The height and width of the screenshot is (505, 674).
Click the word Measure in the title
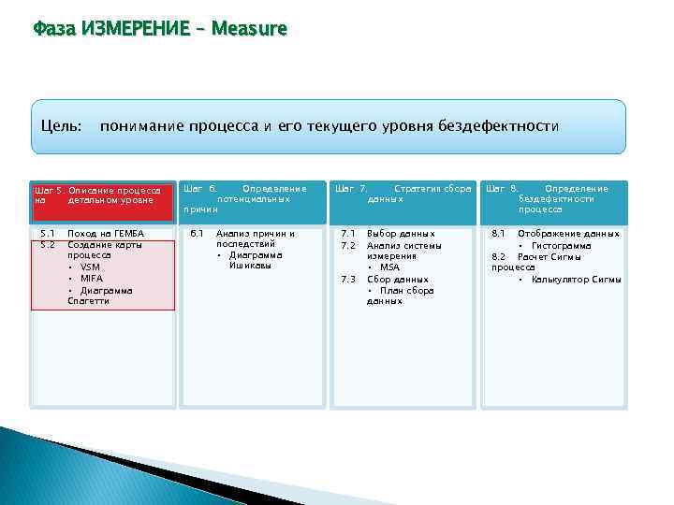tap(250, 29)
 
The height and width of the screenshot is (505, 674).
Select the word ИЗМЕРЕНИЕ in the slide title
tap(129, 29)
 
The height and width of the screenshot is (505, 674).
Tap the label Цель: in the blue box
tap(62, 125)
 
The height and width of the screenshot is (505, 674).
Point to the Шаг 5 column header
tap(102, 195)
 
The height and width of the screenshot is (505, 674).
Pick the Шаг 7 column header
tap(403, 194)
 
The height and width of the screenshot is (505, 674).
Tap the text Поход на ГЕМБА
tap(107, 233)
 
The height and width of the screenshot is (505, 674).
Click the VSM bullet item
tap(90, 267)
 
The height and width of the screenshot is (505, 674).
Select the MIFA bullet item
tap(92, 278)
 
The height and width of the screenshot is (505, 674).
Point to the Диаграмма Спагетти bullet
tap(101, 296)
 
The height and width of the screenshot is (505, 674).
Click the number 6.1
tap(197, 233)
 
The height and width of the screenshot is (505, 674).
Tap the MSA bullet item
tap(389, 267)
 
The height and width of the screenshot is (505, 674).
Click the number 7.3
tap(348, 279)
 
